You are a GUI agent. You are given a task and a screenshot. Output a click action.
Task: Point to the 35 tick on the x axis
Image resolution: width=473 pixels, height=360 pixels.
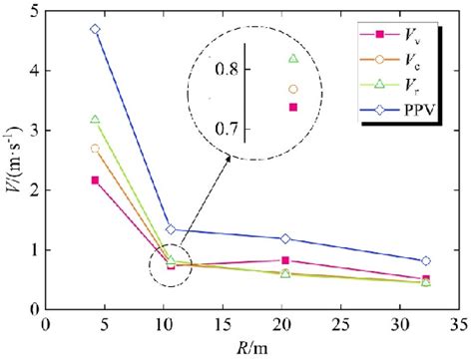(459, 327)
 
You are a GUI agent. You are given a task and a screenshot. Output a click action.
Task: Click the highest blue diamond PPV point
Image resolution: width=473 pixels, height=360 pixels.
(95, 29)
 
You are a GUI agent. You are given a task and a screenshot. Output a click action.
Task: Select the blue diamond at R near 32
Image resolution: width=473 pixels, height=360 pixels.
(426, 261)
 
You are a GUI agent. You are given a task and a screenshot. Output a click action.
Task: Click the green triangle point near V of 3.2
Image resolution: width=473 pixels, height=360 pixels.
(95, 120)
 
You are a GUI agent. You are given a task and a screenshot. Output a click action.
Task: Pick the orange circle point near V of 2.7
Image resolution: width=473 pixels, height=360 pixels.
(95, 148)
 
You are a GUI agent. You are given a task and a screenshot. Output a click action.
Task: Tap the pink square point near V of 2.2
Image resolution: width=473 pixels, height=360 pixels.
(95, 180)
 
